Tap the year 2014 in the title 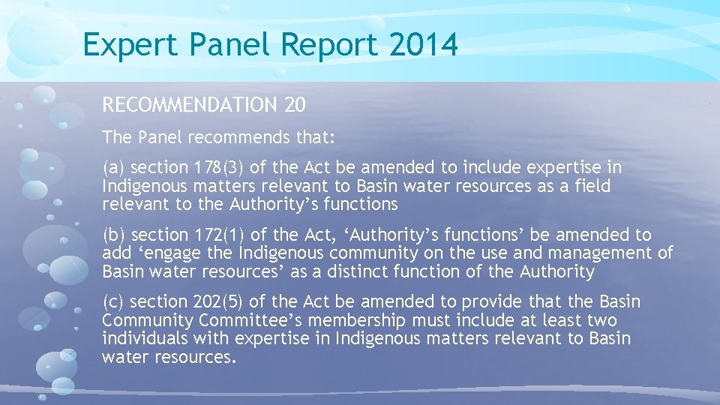pos(423,45)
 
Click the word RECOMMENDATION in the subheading pos(190,106)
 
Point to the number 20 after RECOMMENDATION pos(295,106)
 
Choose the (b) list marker pos(113,235)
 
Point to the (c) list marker pos(113,302)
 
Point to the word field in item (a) pos(591,186)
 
